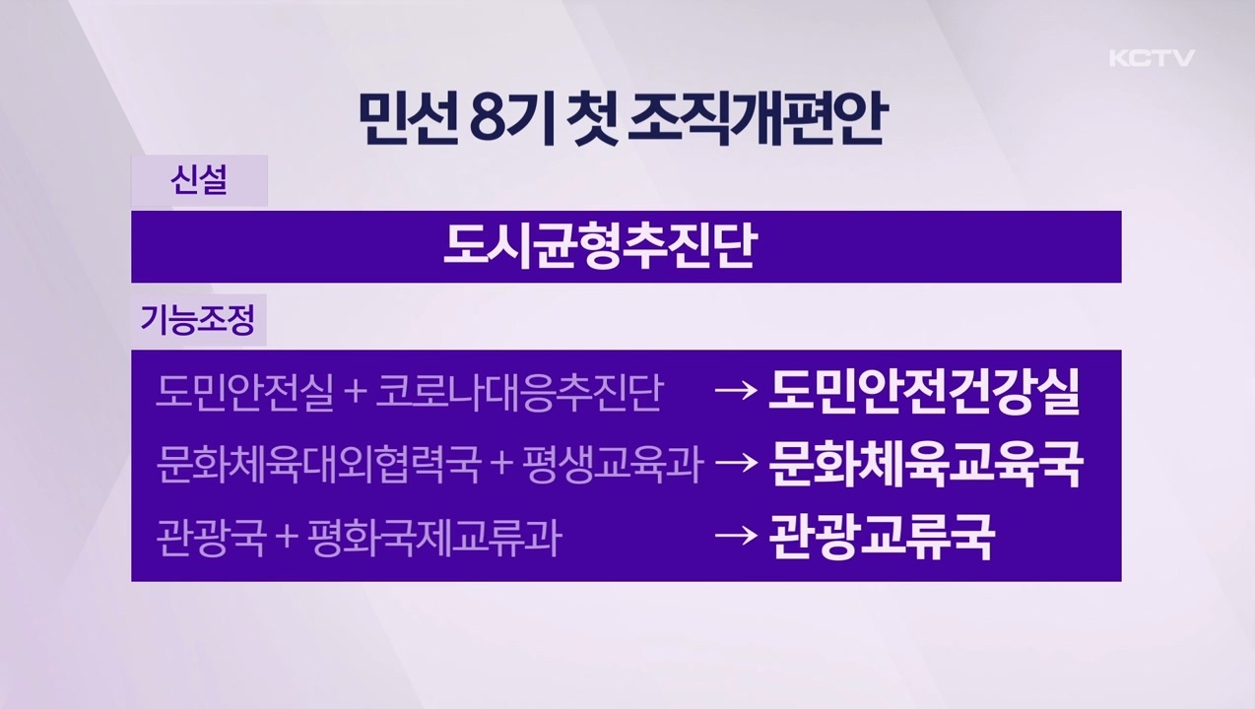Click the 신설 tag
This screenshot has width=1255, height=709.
[x=199, y=181]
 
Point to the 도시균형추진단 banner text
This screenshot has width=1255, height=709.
[x=599, y=247]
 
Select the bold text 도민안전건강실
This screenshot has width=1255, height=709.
[x=924, y=391]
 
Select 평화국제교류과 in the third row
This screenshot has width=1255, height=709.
[x=433, y=539]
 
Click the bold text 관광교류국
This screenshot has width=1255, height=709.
[x=881, y=538]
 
